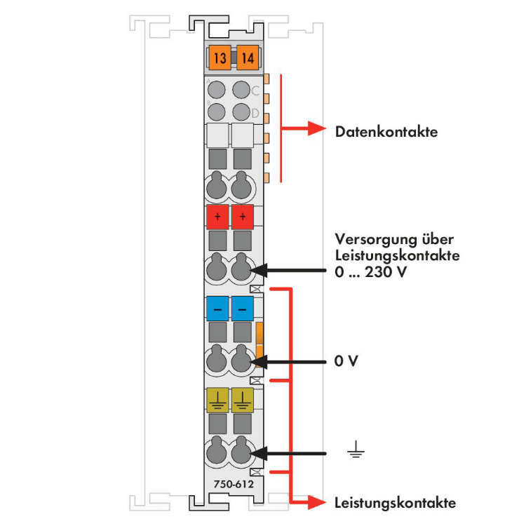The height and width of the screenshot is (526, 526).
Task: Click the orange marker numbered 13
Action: tap(220, 58)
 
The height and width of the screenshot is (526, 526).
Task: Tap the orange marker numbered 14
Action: tap(248, 58)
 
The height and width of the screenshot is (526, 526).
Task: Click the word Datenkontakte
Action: tap(386, 132)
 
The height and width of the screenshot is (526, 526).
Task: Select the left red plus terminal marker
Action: tap(217, 217)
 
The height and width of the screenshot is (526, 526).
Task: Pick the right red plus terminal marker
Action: tap(243, 217)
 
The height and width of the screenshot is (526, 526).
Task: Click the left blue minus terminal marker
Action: tap(217, 309)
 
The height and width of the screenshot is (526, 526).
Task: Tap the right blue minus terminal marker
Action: tap(243, 309)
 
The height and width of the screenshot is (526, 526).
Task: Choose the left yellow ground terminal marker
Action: tap(217, 400)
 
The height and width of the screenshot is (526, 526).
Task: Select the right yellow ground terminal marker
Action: tap(243, 400)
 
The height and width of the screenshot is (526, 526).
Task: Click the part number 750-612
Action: tap(234, 484)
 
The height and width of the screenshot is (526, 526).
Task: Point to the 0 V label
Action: tap(346, 361)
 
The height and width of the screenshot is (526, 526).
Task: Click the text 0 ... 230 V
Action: tap(371, 271)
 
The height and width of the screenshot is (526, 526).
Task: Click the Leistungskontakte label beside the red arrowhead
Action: tap(396, 503)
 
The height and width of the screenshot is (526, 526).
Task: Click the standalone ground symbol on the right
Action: tap(356, 450)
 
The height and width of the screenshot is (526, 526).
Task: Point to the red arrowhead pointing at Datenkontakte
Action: tap(317, 128)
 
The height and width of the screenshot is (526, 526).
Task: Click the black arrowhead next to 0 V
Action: tap(259, 362)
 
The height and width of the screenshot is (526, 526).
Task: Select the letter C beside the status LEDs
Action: tap(255, 90)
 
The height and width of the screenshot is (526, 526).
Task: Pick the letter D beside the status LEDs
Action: tap(255, 114)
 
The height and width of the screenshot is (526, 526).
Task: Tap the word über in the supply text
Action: tap(438, 239)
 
